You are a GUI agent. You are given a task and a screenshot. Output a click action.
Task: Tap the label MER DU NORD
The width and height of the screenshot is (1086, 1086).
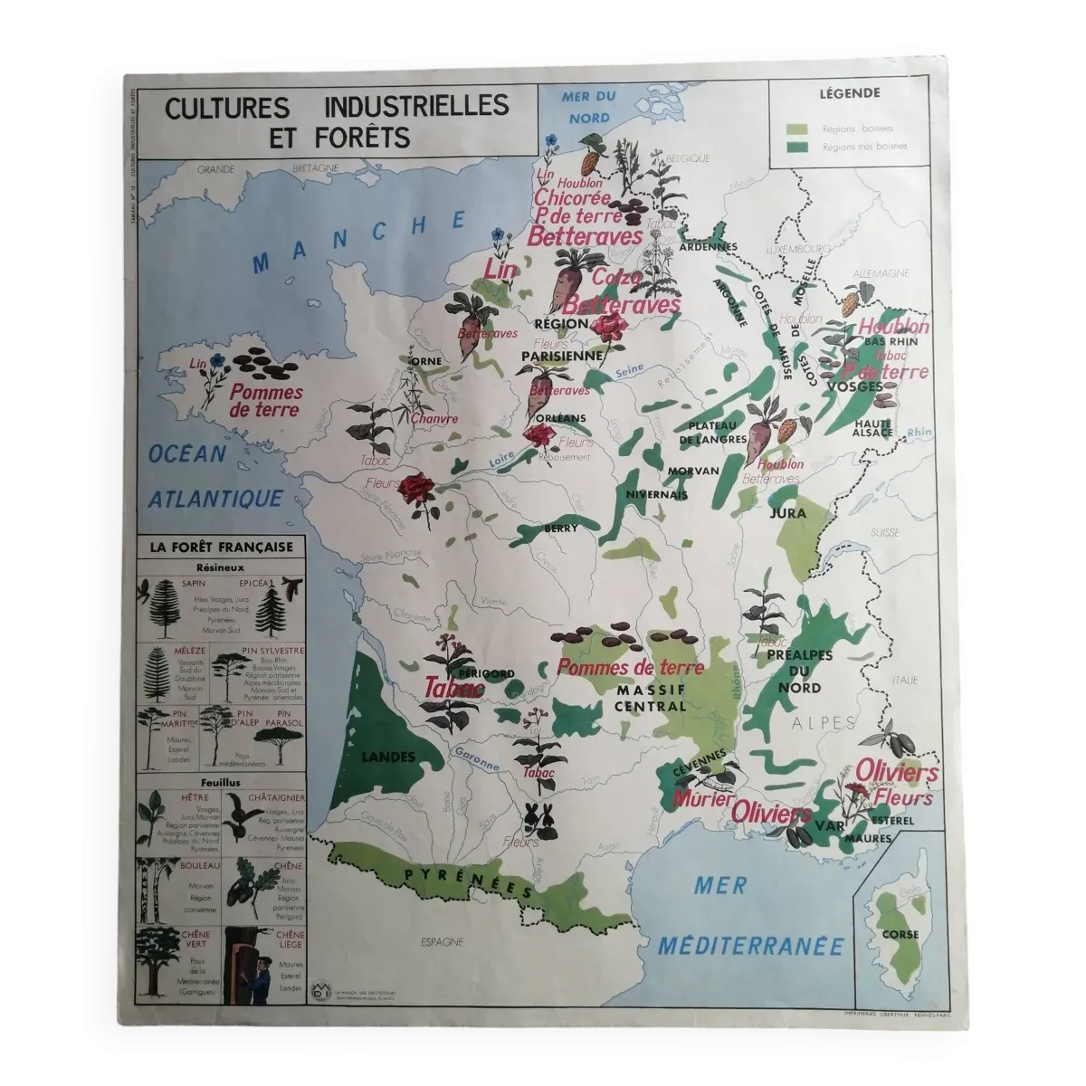coord(588,106)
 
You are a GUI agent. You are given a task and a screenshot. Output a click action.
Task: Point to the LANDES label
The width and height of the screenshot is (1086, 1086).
coord(386,757)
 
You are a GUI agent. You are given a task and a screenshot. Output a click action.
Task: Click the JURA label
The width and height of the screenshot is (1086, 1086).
coord(786,513)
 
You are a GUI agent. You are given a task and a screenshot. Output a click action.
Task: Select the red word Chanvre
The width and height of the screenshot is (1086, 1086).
coord(433,419)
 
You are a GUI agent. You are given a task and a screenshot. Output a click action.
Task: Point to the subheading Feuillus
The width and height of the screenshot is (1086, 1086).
coord(221,783)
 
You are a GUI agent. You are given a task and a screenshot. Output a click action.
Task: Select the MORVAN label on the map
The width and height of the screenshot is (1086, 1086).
coord(694,472)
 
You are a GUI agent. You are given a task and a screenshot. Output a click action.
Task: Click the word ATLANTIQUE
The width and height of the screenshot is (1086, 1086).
coord(216,498)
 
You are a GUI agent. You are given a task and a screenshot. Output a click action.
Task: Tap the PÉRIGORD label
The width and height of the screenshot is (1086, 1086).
coord(486,673)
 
